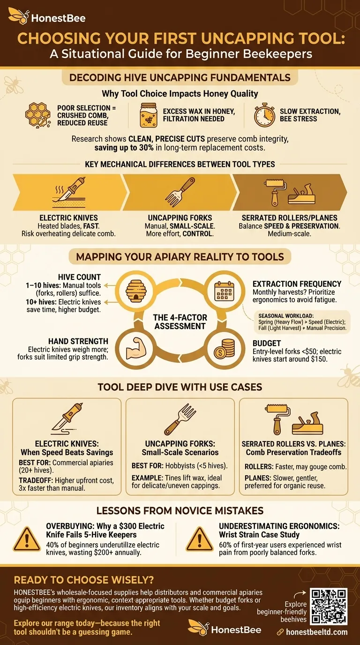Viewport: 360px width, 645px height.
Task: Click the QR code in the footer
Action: [x=329, y=607]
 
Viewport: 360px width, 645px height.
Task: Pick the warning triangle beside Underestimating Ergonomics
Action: [x=200, y=540]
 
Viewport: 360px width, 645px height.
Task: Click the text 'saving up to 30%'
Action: [x=122, y=148]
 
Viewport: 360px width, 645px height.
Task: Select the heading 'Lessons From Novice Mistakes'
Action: [x=180, y=510]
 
